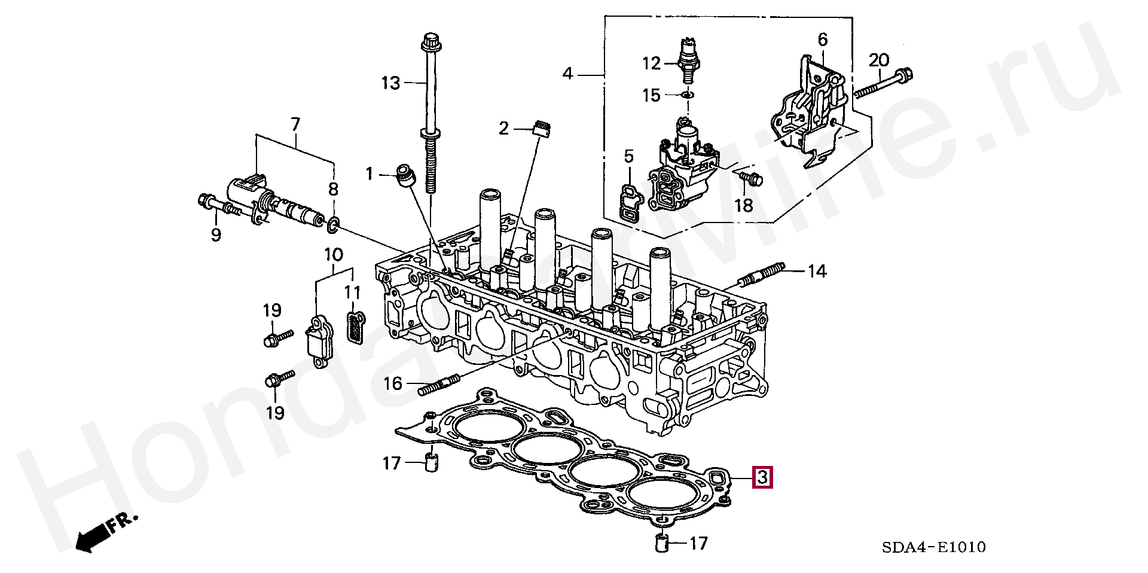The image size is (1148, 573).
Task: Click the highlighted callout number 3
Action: [762, 478]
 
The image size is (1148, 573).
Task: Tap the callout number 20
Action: [879, 60]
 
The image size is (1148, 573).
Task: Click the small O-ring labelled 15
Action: [688, 95]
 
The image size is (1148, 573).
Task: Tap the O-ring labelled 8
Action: [334, 225]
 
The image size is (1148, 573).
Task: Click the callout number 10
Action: [334, 255]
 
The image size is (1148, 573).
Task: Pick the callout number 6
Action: [823, 40]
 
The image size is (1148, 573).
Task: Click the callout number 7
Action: [295, 124]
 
